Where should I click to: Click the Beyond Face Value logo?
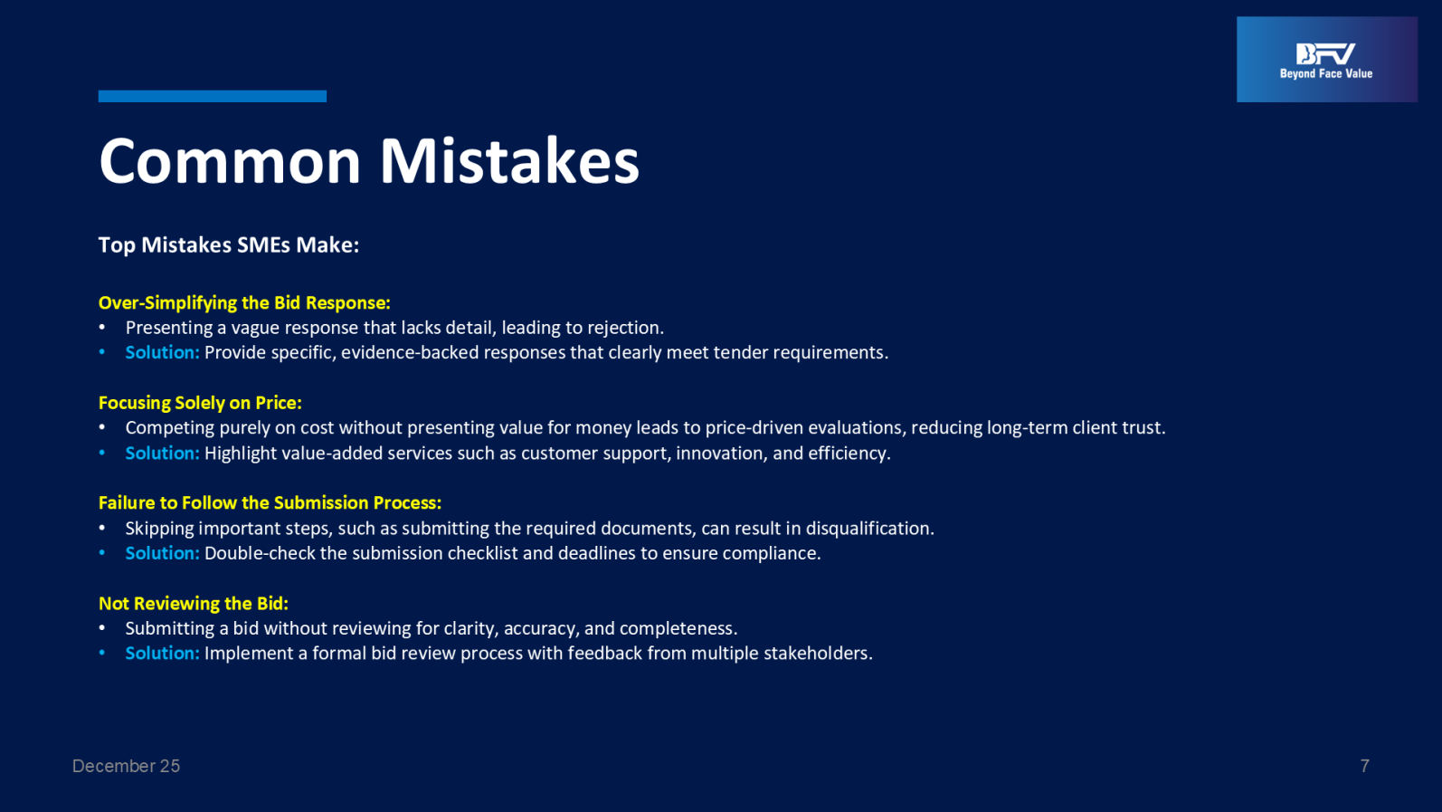click(x=1327, y=59)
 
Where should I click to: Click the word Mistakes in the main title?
click(x=509, y=161)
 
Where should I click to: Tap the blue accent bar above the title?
click(x=213, y=96)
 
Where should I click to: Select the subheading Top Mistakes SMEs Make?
click(x=229, y=244)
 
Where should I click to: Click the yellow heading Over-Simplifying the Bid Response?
click(x=244, y=302)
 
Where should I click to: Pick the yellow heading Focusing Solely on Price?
click(x=200, y=403)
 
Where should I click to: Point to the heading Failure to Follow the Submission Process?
click(x=270, y=503)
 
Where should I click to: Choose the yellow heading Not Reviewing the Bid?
click(x=193, y=604)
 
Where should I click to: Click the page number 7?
click(x=1365, y=766)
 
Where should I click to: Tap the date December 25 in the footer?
click(x=126, y=766)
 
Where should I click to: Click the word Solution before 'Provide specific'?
click(x=162, y=352)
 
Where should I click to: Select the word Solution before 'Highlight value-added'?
click(x=162, y=454)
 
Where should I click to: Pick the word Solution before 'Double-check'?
click(x=162, y=553)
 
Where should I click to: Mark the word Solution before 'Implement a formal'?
click(x=162, y=653)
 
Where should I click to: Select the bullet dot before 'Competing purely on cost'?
click(x=102, y=427)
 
